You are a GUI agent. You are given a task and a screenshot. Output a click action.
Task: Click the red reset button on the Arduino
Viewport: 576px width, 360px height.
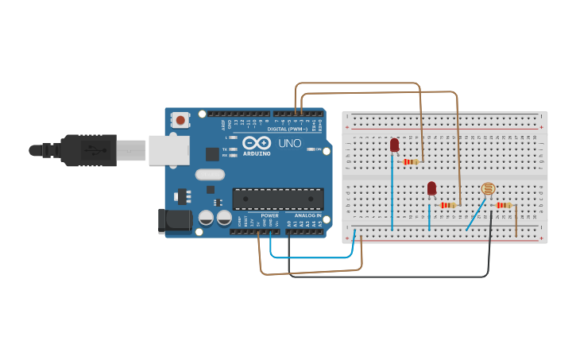click(x=180, y=121)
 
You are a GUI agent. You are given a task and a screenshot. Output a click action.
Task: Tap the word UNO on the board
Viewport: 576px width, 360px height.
click(x=289, y=144)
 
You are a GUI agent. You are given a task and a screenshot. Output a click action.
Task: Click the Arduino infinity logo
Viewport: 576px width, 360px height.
click(x=263, y=143)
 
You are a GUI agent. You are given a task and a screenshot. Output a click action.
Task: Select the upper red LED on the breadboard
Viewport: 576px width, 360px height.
click(x=394, y=145)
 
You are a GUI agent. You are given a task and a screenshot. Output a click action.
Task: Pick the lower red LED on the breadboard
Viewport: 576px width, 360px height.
click(x=431, y=188)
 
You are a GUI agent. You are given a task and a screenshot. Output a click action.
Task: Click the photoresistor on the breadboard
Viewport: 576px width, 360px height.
click(x=488, y=189)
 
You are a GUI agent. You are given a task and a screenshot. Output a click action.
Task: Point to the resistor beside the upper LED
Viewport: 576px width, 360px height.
click(x=411, y=161)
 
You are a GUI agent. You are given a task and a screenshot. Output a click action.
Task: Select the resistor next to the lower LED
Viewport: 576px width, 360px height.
click(x=447, y=205)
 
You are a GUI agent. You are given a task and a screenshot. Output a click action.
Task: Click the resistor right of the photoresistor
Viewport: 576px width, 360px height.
click(x=503, y=205)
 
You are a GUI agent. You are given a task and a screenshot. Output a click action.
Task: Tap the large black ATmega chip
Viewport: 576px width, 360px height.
click(x=277, y=199)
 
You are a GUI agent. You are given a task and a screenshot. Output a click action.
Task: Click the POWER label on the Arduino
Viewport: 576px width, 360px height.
click(x=270, y=215)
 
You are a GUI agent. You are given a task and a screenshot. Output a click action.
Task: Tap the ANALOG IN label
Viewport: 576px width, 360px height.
click(x=307, y=215)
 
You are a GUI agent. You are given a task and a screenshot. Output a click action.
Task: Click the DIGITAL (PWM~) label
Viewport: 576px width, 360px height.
click(x=288, y=128)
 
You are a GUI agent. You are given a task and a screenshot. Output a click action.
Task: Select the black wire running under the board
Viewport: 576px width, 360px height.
click(x=389, y=277)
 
